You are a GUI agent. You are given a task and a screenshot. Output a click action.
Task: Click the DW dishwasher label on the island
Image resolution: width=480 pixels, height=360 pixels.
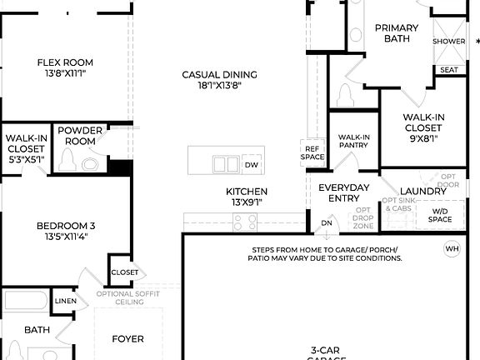tap(251, 165)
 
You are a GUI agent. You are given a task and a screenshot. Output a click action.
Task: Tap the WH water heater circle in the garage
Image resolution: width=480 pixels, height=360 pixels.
tap(452, 248)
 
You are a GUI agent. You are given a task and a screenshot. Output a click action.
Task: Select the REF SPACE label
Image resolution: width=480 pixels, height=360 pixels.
tap(312, 152)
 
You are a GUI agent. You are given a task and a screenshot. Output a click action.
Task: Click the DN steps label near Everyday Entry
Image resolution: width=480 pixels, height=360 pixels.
tap(327, 223)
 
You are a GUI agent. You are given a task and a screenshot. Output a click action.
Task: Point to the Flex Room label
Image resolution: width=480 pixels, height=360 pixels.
tap(65, 62)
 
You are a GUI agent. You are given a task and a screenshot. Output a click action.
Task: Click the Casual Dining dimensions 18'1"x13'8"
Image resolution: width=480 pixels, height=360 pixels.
tap(220, 86)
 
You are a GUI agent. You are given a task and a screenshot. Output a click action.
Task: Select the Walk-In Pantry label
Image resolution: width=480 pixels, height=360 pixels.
tap(354, 142)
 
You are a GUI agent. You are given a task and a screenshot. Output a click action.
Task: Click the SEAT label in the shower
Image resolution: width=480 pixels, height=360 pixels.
tap(449, 70)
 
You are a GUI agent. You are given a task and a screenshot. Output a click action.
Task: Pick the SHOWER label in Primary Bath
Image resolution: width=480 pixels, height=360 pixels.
tap(449, 41)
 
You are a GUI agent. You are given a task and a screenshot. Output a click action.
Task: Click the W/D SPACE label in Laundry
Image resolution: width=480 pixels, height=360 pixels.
tap(440, 215)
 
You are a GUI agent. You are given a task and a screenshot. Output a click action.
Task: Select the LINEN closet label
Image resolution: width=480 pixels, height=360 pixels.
tap(65, 301)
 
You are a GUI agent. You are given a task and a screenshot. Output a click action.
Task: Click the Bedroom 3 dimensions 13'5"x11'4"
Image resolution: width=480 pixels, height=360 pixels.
tap(65, 237)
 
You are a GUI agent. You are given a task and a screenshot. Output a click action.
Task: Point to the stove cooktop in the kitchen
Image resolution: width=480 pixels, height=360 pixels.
tap(245, 222)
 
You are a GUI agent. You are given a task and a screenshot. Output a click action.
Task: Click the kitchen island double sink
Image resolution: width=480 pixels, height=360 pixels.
tap(225, 164)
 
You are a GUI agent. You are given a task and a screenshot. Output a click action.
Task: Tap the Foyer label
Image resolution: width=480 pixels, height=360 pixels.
tap(128, 339)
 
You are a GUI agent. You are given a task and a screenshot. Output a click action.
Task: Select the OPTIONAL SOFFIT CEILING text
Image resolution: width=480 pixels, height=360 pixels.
tap(127, 297)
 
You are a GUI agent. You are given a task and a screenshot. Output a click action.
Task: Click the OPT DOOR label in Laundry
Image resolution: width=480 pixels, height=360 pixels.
tap(449, 181)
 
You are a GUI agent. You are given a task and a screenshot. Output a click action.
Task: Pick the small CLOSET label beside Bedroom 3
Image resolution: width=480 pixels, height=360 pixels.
tap(124, 272)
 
